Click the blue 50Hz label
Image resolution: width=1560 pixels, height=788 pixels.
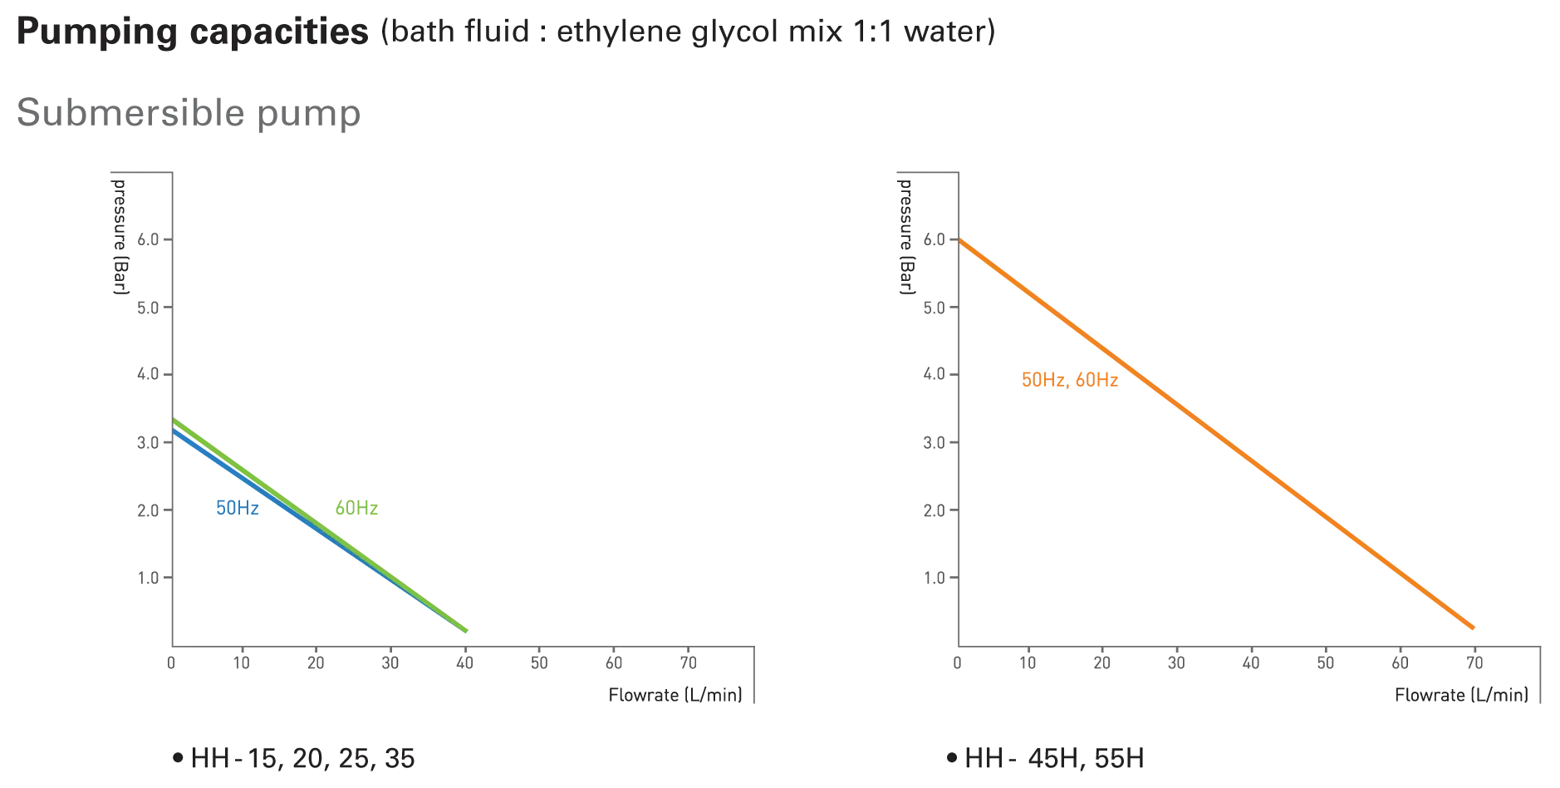point(237,508)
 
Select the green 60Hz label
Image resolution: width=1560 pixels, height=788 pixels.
point(356,508)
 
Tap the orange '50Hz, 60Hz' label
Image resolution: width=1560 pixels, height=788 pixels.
point(1070,381)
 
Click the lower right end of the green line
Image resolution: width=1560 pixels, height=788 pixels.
point(468,633)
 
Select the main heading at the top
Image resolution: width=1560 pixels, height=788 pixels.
point(503,34)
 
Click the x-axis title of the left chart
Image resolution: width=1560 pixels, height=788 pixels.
point(674,694)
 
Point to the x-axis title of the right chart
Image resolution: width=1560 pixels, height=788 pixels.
point(1460,695)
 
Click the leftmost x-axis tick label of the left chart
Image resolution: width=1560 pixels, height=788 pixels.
point(173,662)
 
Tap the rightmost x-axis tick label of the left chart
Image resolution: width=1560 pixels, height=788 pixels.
point(687,662)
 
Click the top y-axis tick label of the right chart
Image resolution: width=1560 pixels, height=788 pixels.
point(936,240)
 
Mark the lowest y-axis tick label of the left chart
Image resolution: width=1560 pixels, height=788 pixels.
point(149,575)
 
